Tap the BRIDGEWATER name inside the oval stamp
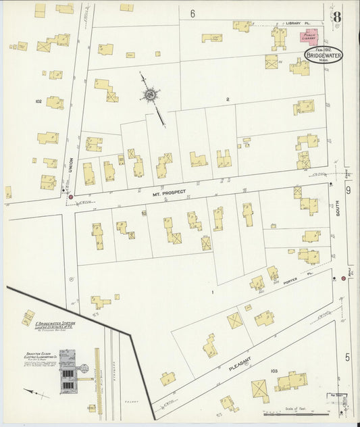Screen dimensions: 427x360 click(x=327, y=55)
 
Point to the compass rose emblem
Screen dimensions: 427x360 click(x=150, y=97)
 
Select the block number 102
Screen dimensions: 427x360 click(x=38, y=101)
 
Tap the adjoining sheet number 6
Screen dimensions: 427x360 click(x=192, y=14)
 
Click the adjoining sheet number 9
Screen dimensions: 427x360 click(x=349, y=191)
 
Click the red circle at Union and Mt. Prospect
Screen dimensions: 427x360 click(x=70, y=197)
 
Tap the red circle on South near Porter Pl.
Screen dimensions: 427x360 click(x=343, y=278)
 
